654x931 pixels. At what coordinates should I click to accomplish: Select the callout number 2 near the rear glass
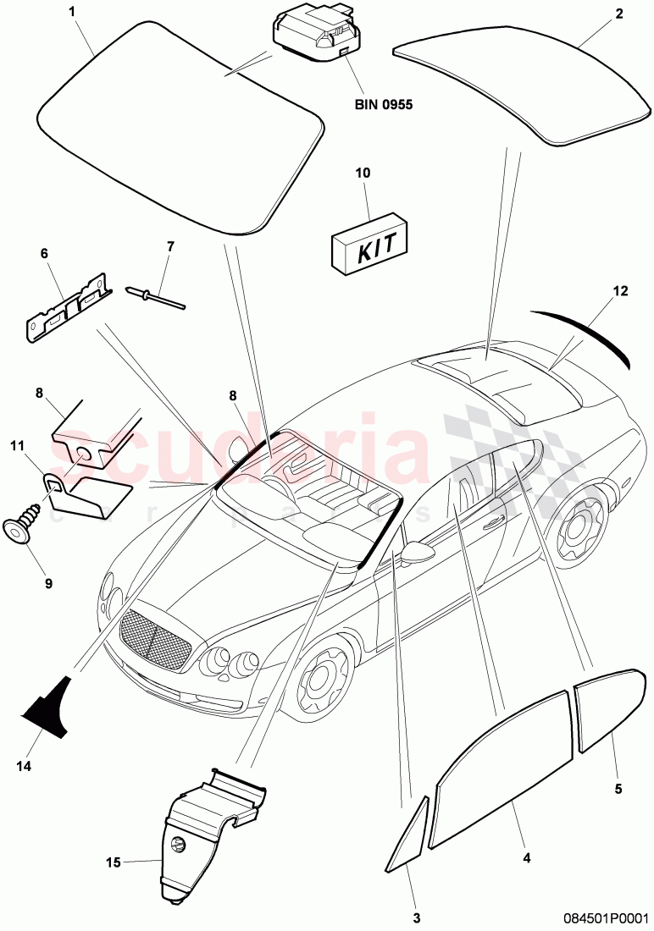[x=618, y=13]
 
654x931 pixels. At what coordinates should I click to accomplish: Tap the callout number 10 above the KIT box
[x=363, y=173]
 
